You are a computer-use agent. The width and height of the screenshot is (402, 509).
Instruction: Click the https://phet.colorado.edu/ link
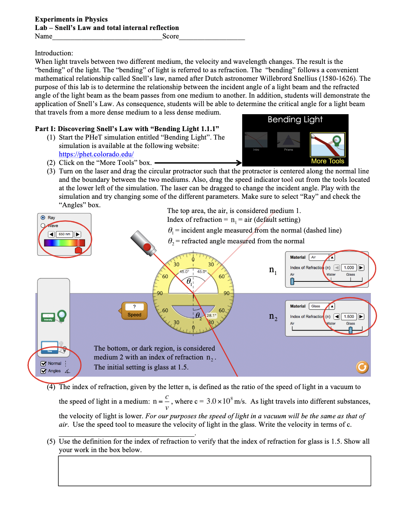coord(96,154)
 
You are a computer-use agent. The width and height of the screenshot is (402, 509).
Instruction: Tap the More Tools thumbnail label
coord(327,161)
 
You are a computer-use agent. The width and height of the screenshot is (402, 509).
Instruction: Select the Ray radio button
coord(43,218)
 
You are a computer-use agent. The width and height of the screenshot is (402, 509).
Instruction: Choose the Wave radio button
coord(43,226)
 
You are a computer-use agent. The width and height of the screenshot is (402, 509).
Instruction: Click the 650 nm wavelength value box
coord(65,234)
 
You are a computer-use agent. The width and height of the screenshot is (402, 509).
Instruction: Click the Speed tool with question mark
coord(134,311)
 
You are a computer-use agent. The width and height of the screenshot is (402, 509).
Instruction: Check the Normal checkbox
coord(43,363)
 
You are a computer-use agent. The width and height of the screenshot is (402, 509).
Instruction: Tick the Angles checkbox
coord(43,371)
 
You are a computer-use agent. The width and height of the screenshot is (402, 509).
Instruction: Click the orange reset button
coord(362,367)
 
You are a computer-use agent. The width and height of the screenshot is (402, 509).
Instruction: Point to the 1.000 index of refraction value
coord(349,268)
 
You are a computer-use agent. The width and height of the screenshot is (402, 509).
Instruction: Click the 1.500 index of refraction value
coord(349,316)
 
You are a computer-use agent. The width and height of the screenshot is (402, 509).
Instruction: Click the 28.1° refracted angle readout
coord(211,315)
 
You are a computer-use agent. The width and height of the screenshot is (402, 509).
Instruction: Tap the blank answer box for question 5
coord(214,471)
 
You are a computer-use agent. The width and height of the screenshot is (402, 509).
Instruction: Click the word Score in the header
coord(171,36)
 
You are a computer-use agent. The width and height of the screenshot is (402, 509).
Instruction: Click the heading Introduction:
coord(54,53)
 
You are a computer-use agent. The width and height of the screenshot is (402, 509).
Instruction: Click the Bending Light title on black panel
coord(295,120)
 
